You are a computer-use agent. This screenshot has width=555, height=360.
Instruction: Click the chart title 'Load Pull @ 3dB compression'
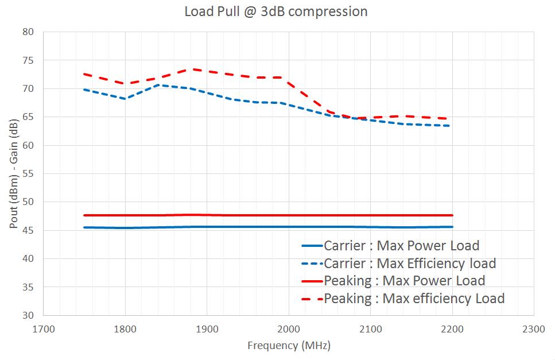click(x=275, y=11)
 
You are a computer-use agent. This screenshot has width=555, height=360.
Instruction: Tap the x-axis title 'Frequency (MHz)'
click(x=289, y=346)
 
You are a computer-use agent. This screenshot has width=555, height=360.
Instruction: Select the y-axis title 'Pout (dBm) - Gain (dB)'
click(x=13, y=173)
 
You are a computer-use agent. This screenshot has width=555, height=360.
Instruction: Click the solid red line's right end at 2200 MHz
click(x=452, y=215)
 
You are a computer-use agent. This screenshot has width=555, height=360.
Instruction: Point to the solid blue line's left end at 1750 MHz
click(x=84, y=227)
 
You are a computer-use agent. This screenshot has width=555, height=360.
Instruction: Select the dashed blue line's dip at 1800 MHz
click(x=125, y=99)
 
